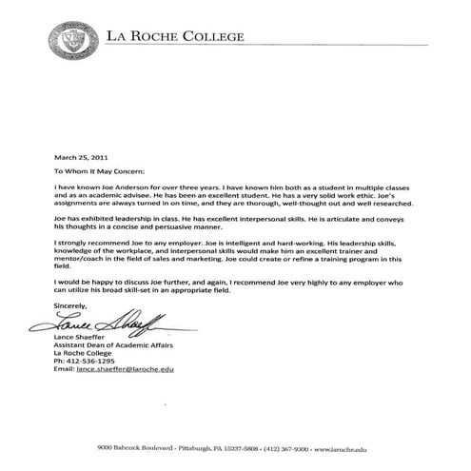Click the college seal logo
coord(76,38)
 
